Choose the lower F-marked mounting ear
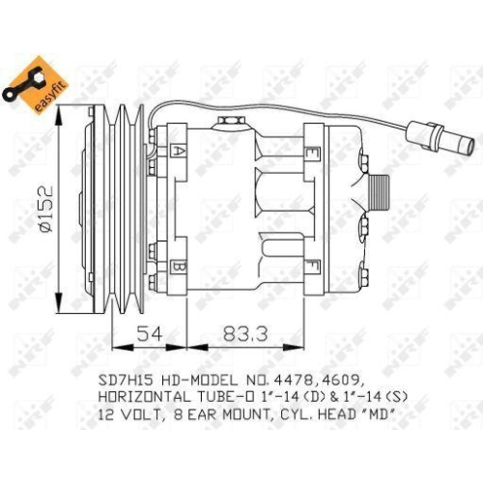(311, 265)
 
